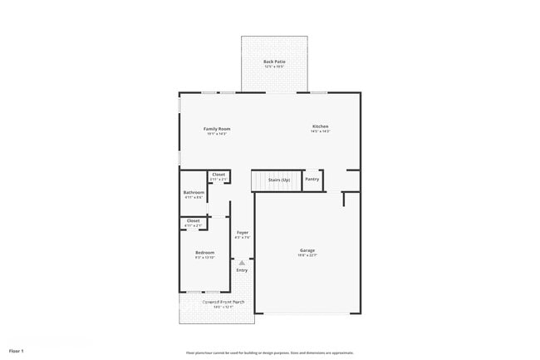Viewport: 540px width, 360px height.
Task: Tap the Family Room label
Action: click(218, 128)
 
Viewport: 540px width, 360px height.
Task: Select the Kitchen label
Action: click(321, 126)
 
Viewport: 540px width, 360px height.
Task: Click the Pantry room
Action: click(312, 180)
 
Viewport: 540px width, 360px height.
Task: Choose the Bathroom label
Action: click(194, 192)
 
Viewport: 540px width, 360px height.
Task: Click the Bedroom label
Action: click(204, 252)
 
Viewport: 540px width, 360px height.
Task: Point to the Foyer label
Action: click(243, 232)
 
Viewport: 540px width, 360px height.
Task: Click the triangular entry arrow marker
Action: click(243, 263)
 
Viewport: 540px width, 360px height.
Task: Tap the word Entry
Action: click(243, 270)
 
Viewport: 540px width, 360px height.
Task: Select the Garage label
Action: click(307, 250)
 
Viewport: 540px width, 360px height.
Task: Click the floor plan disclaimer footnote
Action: click(270, 352)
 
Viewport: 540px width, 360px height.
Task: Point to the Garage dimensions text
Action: click(307, 256)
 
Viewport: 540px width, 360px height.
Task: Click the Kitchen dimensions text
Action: click(321, 131)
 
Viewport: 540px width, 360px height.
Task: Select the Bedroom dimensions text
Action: click(204, 258)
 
